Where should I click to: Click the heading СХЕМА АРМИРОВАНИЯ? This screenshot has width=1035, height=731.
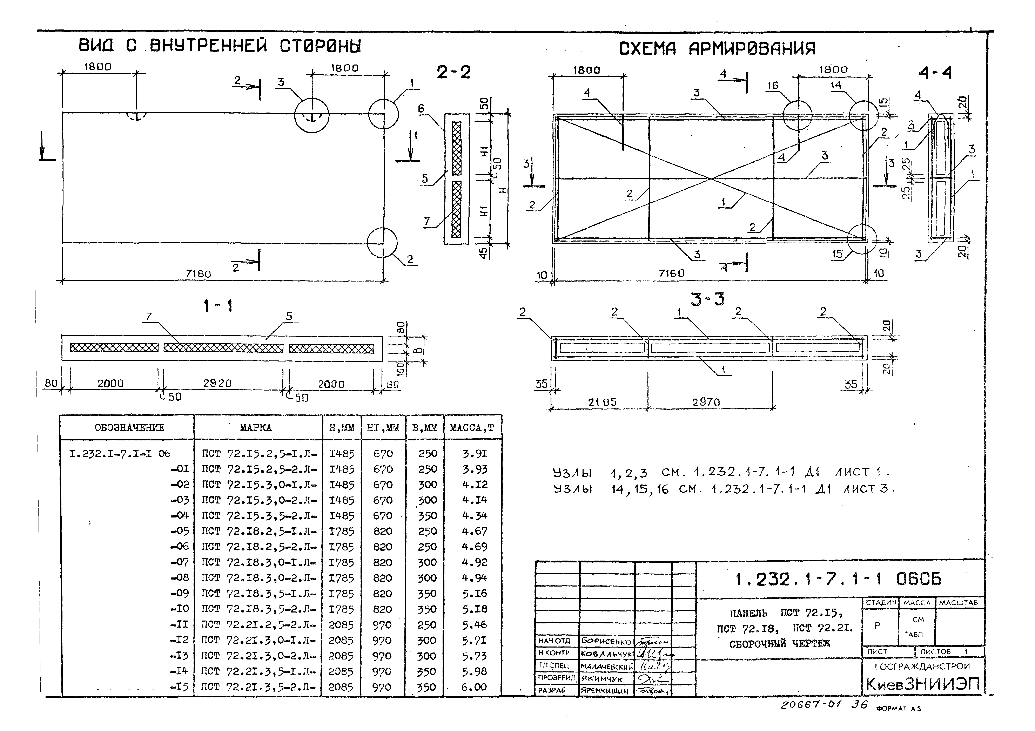[717, 48]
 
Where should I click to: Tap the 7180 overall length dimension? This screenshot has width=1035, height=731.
[198, 273]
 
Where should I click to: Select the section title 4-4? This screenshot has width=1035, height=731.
[935, 73]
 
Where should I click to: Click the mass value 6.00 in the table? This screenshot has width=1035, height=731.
[474, 687]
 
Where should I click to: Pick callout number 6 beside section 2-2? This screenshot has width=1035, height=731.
[421, 108]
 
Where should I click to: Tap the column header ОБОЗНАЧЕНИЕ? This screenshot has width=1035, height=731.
[129, 428]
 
